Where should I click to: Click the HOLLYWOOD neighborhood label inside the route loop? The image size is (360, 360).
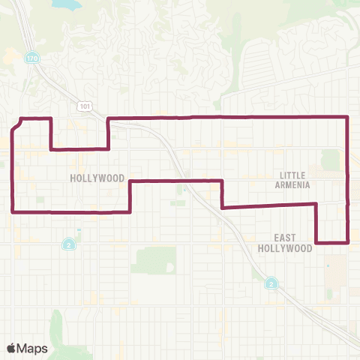point(97,178)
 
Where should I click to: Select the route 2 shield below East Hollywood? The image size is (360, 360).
point(271,283)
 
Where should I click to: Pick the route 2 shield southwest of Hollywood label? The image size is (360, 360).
point(68,244)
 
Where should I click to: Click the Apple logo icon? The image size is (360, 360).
point(11,347)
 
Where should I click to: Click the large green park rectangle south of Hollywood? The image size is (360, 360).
point(153,260)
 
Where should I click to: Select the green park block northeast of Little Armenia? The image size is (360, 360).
point(330,159)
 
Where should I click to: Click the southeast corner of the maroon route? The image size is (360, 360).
point(348,242)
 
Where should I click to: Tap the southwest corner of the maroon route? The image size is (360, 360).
point(13,211)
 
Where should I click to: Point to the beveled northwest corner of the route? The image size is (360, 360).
point(16,124)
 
